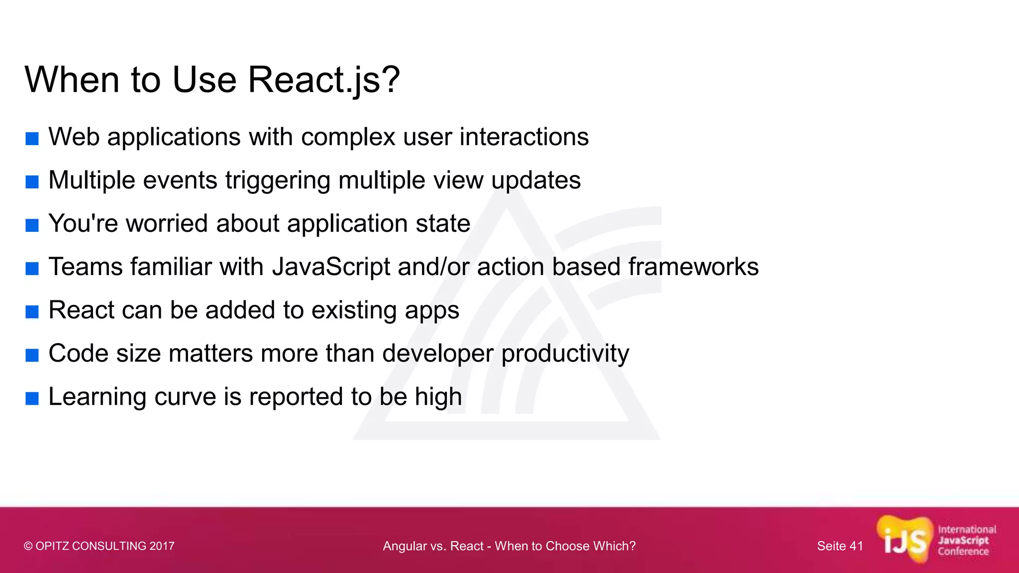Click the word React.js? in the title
[323, 80]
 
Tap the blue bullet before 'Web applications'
[32, 139]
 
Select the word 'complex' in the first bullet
[348, 137]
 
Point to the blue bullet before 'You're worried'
[32, 225]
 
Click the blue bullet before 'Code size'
[32, 355]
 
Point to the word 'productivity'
[565, 354]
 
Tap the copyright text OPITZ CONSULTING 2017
[99, 546]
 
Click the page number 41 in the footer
[856, 546]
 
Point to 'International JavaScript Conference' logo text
[966, 540]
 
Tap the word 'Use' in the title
[204, 80]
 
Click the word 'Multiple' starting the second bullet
[92, 180]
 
